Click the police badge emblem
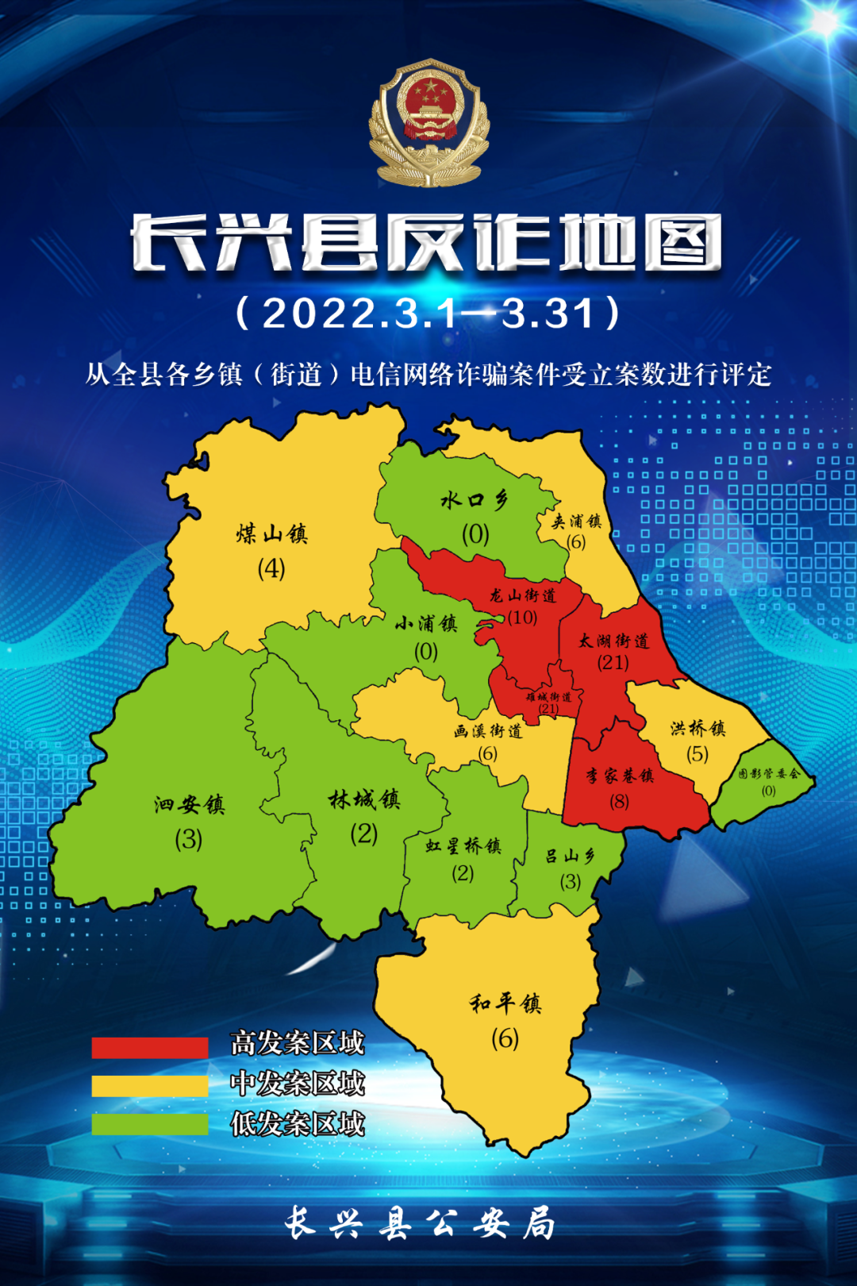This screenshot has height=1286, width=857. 428,123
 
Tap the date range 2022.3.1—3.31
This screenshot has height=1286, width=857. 428,314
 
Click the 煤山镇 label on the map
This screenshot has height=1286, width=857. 271,534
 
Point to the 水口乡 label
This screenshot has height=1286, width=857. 475,500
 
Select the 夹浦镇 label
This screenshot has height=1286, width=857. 577,522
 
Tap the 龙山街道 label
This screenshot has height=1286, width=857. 523,595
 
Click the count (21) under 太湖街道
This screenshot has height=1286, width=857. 613,662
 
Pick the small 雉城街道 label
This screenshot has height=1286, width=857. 548,697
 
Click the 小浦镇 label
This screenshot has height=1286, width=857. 426,624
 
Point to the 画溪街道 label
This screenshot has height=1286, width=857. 488,731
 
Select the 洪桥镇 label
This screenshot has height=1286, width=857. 698,729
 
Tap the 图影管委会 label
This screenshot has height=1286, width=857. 768,774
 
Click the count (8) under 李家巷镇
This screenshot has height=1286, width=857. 620,802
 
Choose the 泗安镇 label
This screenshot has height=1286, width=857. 190,805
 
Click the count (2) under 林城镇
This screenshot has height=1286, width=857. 364,834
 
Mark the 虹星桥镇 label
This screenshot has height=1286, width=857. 463,846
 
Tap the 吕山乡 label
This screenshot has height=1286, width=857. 570,857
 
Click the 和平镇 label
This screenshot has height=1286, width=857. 505,1004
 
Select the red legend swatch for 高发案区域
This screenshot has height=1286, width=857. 150,1047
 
